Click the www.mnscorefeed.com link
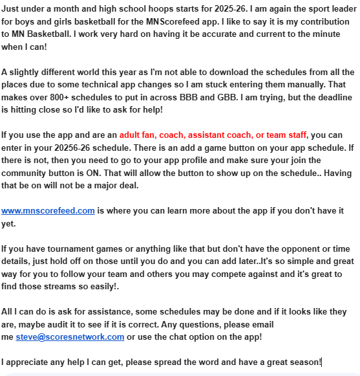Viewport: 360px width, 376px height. [x=48, y=211]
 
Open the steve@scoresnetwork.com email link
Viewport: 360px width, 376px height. [x=70, y=337]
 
